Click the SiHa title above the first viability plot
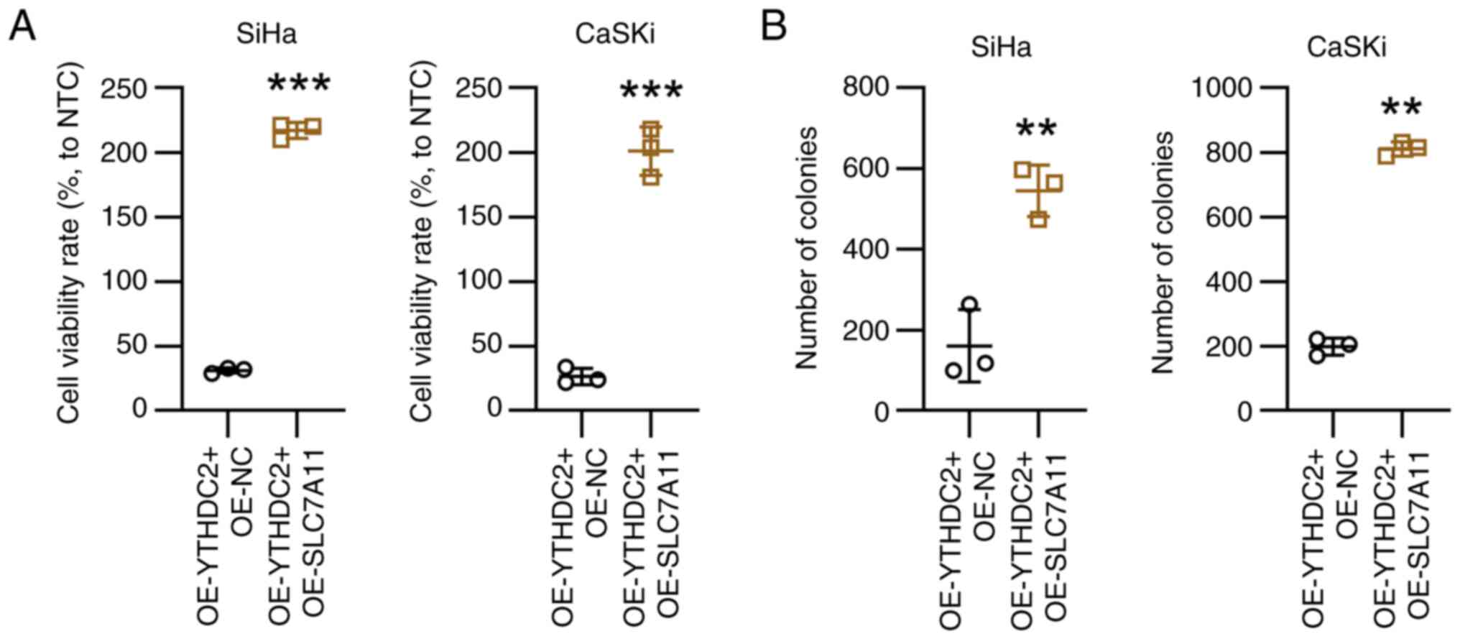coord(267,35)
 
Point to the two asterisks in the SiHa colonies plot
coord(1036,130)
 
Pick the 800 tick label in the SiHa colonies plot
coord(867,88)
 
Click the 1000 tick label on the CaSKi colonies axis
coord(1221,88)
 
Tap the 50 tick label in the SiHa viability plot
coord(131,346)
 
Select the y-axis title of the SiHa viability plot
coord(70,243)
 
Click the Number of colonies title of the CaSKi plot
coord(1162,252)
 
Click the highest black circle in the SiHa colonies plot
coord(970,305)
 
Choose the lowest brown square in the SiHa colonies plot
coord(1038,219)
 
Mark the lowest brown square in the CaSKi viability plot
coord(651,177)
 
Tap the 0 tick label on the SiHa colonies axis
coord(882,412)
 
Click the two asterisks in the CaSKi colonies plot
coord(1401,109)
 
